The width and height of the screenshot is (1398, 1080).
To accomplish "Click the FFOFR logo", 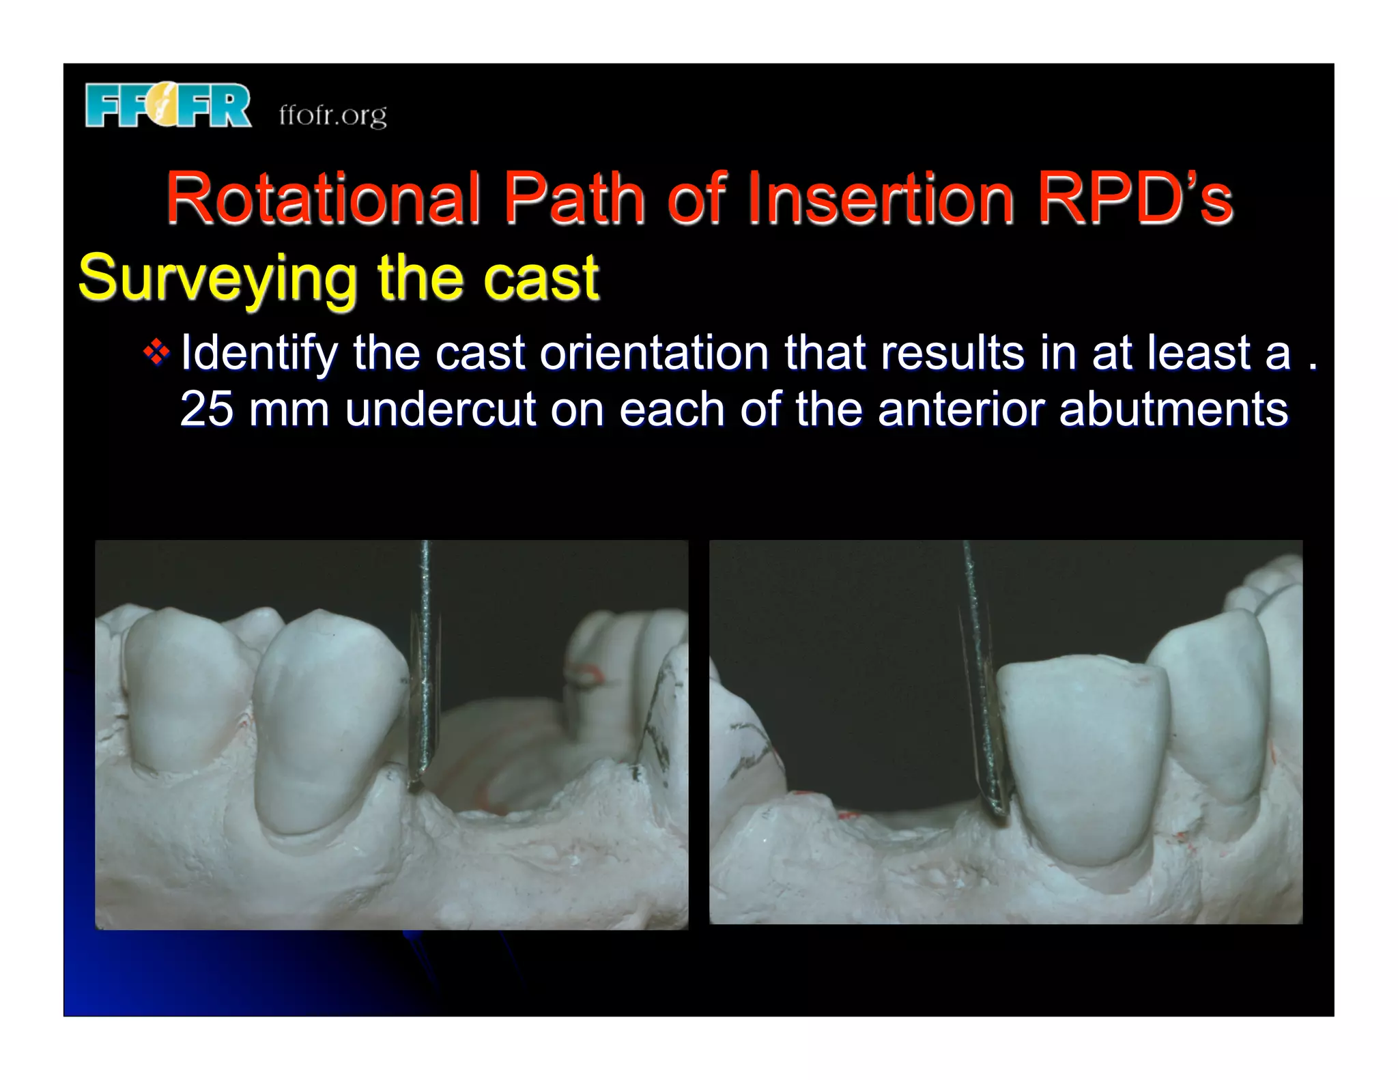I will click(168, 106).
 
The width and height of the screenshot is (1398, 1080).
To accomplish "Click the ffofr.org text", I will click(332, 115).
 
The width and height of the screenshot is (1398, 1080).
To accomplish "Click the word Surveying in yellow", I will click(217, 279).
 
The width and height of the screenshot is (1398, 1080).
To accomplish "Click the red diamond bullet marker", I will click(156, 353).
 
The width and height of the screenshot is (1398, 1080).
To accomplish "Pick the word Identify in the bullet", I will click(259, 353).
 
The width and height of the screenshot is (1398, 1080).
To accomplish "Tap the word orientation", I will click(654, 353).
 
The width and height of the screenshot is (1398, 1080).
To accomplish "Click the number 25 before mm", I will click(207, 410).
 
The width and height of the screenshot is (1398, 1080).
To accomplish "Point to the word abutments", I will click(1173, 410).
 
